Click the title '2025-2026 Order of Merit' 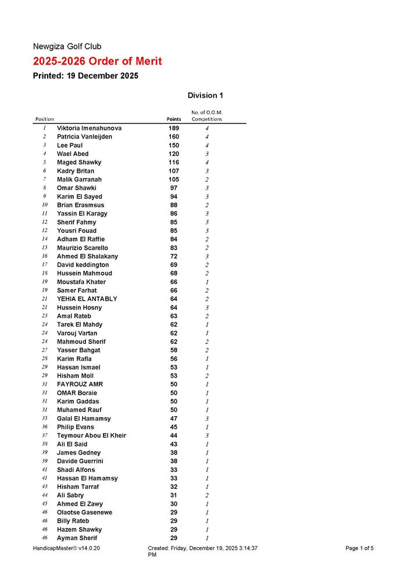click(x=97, y=62)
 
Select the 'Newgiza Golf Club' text click(x=67, y=47)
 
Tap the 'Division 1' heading click(x=205, y=95)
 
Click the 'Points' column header click(x=174, y=119)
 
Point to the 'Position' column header click(x=45, y=119)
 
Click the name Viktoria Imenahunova click(x=89, y=128)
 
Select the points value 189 click(x=174, y=128)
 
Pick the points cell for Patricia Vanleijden click(x=174, y=137)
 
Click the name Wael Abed click(x=73, y=154)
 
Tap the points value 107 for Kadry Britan click(x=174, y=171)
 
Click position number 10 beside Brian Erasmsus click(x=45, y=205)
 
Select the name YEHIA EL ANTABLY click(x=87, y=299)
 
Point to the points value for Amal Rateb click(x=174, y=316)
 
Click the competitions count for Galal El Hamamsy click(x=207, y=418)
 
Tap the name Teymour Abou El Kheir click(x=91, y=435)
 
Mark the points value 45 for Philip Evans click(x=174, y=427)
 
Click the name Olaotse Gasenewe click(x=84, y=512)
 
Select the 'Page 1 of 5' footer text click(x=359, y=548)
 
